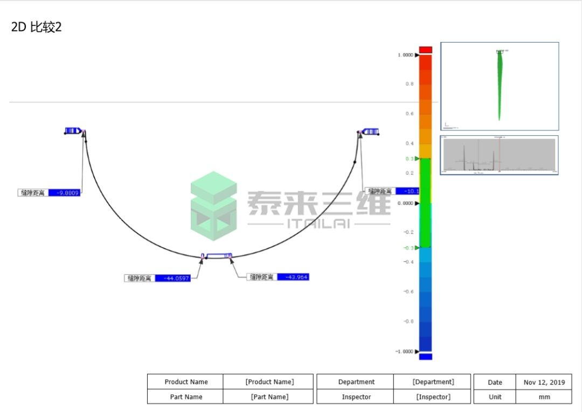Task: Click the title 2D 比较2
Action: tap(37, 27)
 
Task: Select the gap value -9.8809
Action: tap(64, 192)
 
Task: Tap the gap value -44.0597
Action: tap(172, 278)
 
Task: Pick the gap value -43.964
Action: tap(293, 277)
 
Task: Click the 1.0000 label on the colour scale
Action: tap(405, 55)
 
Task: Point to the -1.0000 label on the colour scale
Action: tap(404, 352)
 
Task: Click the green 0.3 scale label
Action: tap(409, 159)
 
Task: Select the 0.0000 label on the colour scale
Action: tap(405, 204)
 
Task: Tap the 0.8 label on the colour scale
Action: tap(410, 84)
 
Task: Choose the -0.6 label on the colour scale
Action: tap(408, 292)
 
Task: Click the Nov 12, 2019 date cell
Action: tap(544, 382)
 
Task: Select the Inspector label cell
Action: tap(356, 397)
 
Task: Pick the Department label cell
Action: tap(356, 382)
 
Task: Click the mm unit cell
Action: tap(544, 397)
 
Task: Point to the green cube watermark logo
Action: tap(213, 206)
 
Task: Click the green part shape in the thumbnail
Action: tap(500, 83)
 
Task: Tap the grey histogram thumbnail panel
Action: tap(499, 155)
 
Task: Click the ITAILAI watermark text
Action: tap(318, 224)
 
